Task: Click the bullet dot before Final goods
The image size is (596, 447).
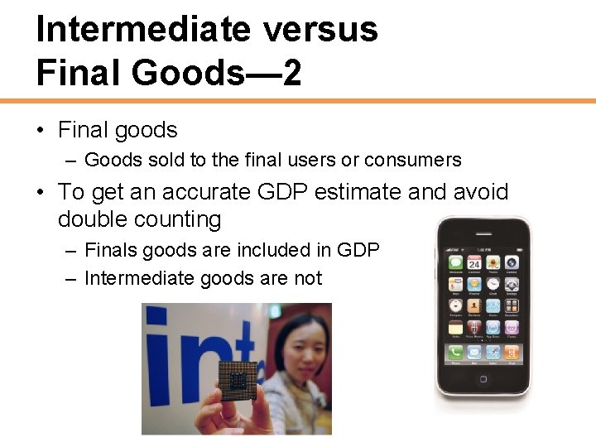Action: (40, 131)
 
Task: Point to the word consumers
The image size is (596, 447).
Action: (413, 160)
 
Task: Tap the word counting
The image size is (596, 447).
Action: (183, 220)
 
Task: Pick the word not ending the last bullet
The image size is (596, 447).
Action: (307, 279)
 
